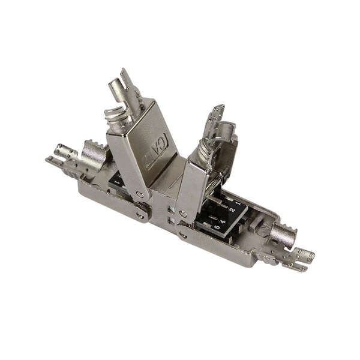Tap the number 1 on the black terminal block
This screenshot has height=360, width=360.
238,204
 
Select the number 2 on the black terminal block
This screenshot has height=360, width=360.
231,212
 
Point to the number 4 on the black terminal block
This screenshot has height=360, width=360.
221,223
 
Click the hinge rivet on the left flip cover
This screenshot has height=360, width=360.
140,194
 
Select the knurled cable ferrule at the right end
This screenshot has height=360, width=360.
282,236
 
